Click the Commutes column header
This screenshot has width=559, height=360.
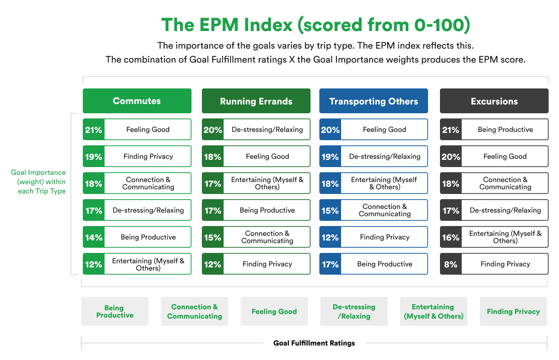tap(137, 101)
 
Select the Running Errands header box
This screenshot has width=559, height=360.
tap(256, 101)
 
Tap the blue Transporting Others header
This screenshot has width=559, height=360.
tap(373, 101)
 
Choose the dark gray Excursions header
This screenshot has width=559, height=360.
tap(494, 101)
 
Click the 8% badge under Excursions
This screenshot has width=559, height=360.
tap(450, 264)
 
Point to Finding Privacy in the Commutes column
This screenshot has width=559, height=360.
tap(148, 156)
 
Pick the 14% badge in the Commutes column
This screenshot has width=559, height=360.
tap(94, 237)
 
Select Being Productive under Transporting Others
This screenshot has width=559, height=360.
tap(385, 264)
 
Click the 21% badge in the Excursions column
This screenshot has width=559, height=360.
tap(450, 129)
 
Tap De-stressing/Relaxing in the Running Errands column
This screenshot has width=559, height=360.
tap(268, 129)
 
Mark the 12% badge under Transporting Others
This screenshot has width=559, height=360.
tap(330, 237)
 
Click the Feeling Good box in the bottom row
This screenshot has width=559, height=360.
tap(274, 311)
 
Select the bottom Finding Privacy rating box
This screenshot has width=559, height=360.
tap(513, 311)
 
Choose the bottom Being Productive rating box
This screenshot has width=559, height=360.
tap(115, 311)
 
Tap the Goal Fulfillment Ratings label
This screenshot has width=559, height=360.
tap(314, 343)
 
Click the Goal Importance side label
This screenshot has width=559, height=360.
tap(38, 182)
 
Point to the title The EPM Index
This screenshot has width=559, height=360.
tap(315, 25)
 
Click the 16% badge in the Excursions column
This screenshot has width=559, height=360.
tap(450, 237)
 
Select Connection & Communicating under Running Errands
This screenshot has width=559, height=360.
tap(268, 237)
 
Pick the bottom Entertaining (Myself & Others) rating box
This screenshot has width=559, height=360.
tap(433, 311)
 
